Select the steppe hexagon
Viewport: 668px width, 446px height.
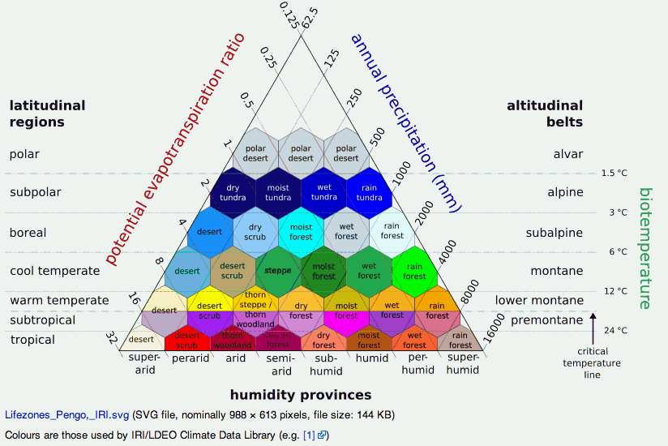point(278,270)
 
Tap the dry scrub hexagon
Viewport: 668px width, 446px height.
point(255,232)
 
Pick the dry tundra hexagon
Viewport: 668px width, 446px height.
point(233,192)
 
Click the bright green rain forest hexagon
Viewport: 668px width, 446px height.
point(414,270)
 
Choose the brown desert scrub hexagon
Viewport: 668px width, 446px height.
point(233,270)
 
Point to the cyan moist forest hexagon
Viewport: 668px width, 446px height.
point(301,232)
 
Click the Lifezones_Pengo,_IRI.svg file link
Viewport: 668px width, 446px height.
point(66,414)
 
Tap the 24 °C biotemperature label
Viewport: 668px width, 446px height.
point(615,331)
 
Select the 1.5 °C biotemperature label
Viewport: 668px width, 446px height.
point(614,173)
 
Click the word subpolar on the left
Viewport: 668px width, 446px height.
point(36,193)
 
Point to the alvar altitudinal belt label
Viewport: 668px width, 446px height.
point(568,154)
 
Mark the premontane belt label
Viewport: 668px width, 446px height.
point(546,320)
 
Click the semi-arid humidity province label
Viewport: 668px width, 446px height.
point(280,365)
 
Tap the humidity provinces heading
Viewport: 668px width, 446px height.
point(301,395)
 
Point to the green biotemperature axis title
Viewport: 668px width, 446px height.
point(645,248)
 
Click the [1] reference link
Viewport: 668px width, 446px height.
point(309,435)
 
